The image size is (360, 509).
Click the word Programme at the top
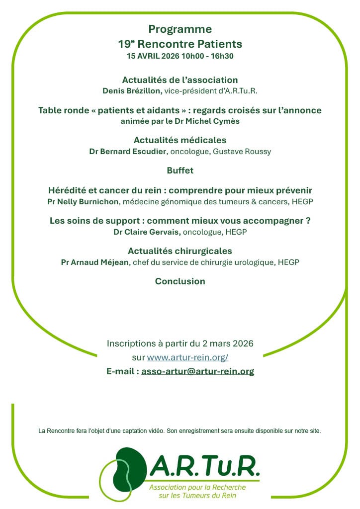pyautogui.click(x=180, y=29)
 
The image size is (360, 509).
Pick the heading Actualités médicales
pyautogui.click(x=180, y=140)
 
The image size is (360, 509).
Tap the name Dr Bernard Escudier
pyautogui.click(x=128, y=152)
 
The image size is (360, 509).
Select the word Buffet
pyautogui.click(x=180, y=170)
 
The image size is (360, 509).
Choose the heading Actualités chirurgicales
pyautogui.click(x=180, y=251)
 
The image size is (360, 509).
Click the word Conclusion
pyautogui.click(x=180, y=281)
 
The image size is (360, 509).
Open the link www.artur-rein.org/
pyautogui.click(x=187, y=357)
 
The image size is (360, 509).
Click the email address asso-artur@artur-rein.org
pyautogui.click(x=197, y=371)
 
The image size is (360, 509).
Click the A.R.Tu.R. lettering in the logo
pyautogui.click(x=204, y=467)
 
